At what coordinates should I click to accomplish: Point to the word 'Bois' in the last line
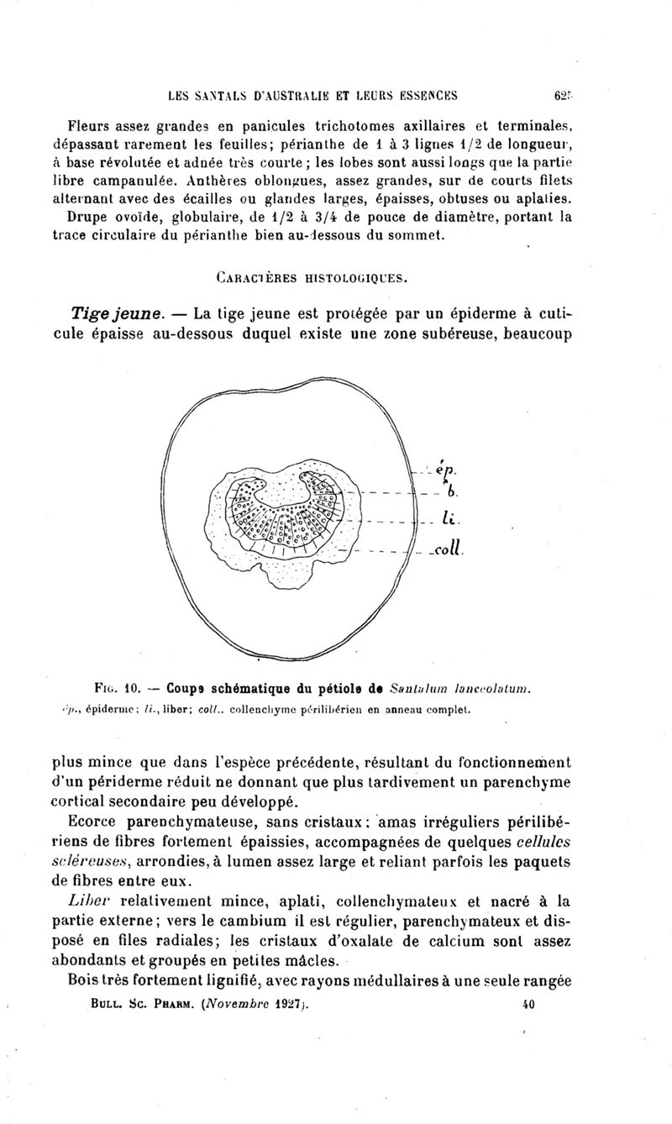[89, 980]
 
